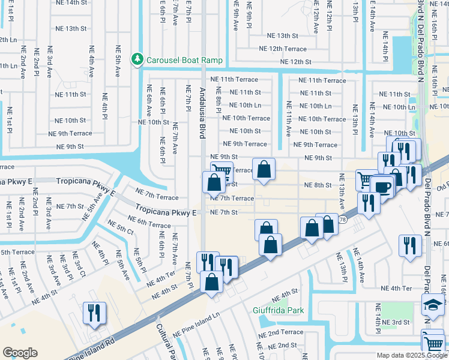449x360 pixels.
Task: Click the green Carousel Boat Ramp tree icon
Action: [x=139, y=60]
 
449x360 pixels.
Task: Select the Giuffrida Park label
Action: [x=278, y=310]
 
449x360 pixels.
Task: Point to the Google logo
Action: [x=20, y=353]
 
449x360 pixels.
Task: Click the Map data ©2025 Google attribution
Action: [x=412, y=355]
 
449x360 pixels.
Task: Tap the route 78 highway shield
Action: [x=342, y=220]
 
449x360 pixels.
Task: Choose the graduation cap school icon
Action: [x=432, y=304]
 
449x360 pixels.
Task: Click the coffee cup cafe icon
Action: [x=382, y=186]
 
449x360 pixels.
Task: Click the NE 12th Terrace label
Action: [x=282, y=49]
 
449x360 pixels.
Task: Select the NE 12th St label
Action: [x=292, y=62]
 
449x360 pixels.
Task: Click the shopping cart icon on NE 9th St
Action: [x=221, y=172]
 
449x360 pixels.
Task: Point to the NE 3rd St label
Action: [x=393, y=323]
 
